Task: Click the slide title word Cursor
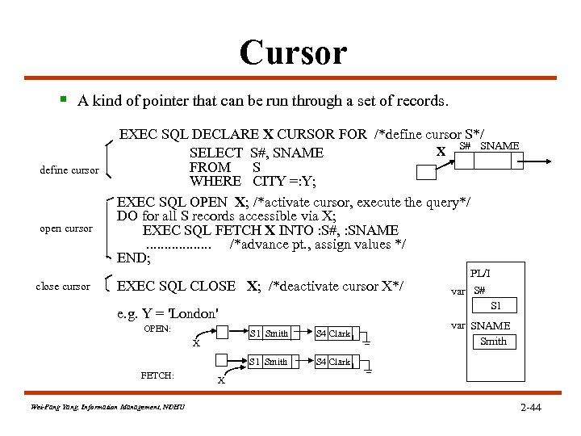tap(293, 53)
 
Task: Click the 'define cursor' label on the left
tap(69, 170)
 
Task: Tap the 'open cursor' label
tap(66, 228)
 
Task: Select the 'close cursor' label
tap(63, 286)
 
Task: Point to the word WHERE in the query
tap(215, 181)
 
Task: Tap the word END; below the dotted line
tap(134, 259)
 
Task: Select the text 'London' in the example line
tap(194, 313)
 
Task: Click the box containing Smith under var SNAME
tap(493, 342)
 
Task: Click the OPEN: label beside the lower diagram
tap(157, 329)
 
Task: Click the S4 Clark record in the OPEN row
tap(333, 333)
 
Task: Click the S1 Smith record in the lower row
tap(269, 362)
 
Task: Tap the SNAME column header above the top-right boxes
tap(499, 145)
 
